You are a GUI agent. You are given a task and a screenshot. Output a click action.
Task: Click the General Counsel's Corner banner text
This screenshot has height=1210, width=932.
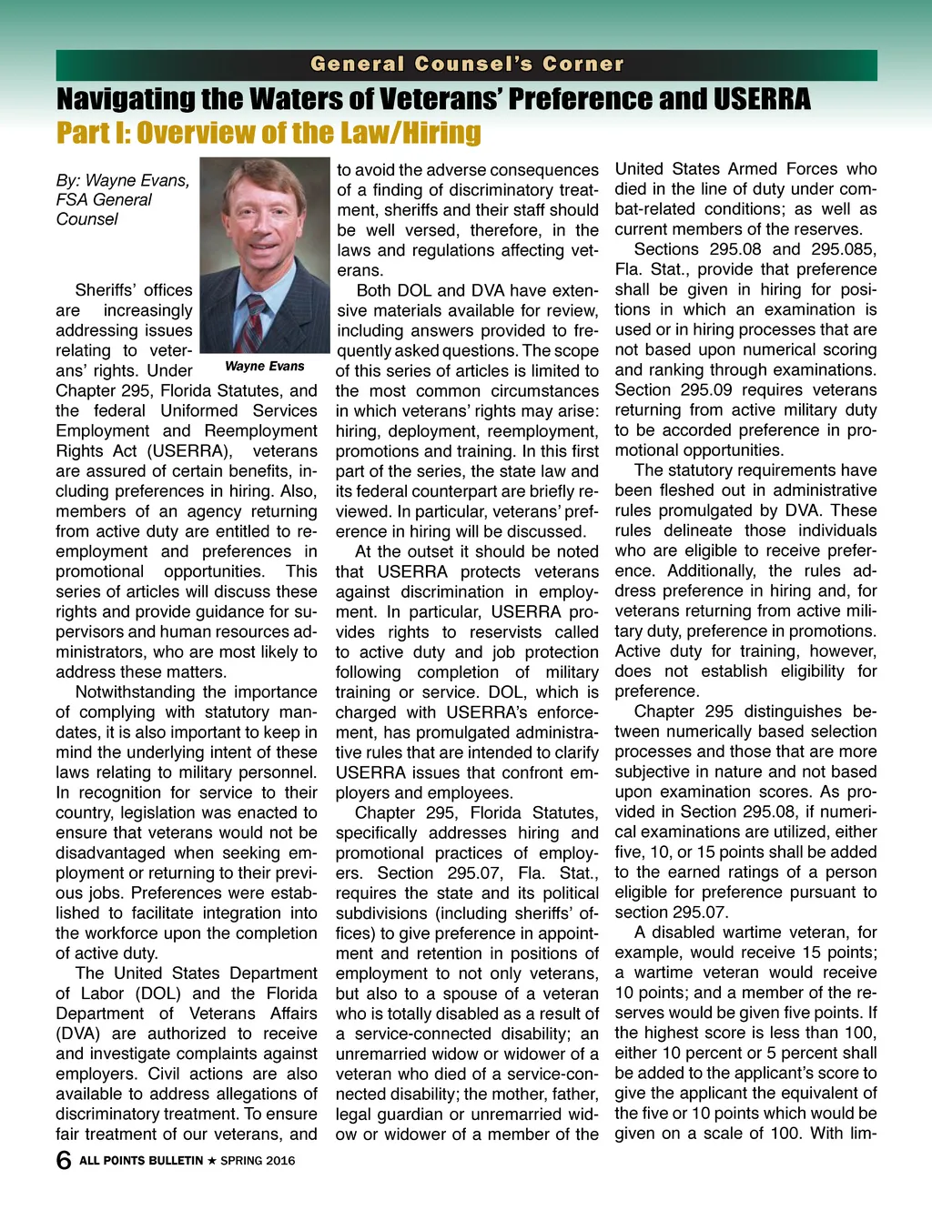click(467, 65)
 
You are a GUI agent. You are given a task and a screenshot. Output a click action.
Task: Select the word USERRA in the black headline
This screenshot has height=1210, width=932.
click(761, 98)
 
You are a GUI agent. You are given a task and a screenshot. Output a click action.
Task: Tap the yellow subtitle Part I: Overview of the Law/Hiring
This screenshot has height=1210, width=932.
click(268, 133)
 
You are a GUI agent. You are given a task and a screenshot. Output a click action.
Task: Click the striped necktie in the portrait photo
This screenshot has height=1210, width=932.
click(256, 322)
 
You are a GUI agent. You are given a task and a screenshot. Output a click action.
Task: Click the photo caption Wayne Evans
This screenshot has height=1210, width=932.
click(264, 366)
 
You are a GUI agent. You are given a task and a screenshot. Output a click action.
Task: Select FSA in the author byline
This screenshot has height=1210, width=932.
click(73, 200)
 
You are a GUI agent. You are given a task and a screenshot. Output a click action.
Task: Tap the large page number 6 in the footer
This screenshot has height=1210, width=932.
click(64, 1160)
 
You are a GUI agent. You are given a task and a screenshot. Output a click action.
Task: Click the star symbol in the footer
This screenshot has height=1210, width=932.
click(212, 1161)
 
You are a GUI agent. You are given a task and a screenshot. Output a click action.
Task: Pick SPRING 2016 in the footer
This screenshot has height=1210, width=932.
click(258, 1161)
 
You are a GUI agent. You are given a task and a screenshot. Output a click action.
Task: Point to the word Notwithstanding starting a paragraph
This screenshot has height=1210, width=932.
click(133, 692)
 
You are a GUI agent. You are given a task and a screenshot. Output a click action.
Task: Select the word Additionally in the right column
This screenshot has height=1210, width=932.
click(711, 571)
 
